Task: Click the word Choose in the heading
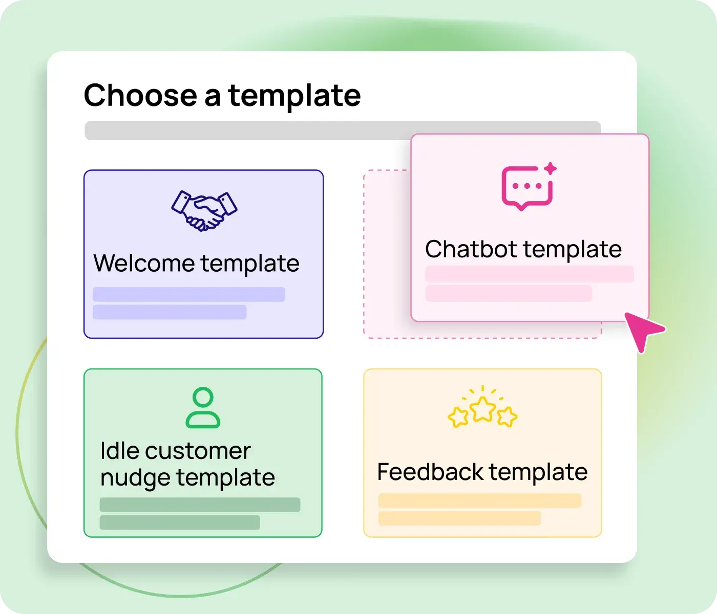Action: pos(139,96)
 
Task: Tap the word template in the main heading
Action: pos(294,96)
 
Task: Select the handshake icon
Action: pos(204,210)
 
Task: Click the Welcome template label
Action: pos(196,264)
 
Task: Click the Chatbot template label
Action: pos(523,249)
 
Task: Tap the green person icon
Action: pos(203,408)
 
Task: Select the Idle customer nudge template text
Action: pos(187,464)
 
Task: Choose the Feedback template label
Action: pos(482,472)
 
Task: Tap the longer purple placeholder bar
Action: pos(189,294)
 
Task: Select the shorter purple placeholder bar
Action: pos(170,312)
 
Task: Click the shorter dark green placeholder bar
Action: pos(180,522)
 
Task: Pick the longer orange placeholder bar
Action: pos(480,500)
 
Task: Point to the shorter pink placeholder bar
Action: pos(509,293)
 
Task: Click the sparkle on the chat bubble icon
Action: pos(551,168)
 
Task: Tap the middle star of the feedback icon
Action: pos(482,409)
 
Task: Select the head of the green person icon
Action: pos(203,398)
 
